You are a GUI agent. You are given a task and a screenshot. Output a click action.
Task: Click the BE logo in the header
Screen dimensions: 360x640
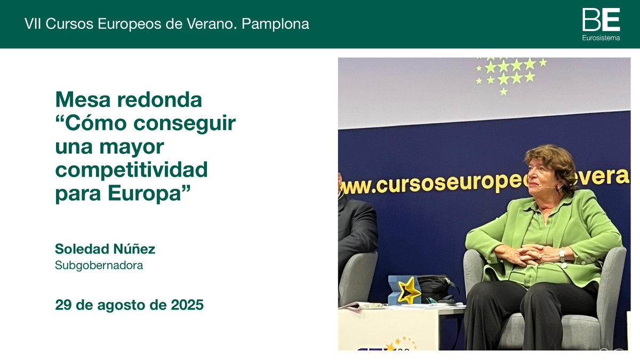click(x=601, y=20)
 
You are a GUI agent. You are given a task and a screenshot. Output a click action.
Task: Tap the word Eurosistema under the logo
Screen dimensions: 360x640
click(x=601, y=38)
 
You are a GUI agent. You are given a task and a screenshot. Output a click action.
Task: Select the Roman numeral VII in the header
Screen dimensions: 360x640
click(x=33, y=24)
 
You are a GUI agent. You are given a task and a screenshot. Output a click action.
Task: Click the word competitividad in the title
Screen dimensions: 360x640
click(x=131, y=171)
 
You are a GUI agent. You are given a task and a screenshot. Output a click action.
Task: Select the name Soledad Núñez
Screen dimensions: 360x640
click(x=105, y=249)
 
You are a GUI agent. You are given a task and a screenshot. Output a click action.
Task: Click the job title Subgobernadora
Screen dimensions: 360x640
click(x=99, y=265)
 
